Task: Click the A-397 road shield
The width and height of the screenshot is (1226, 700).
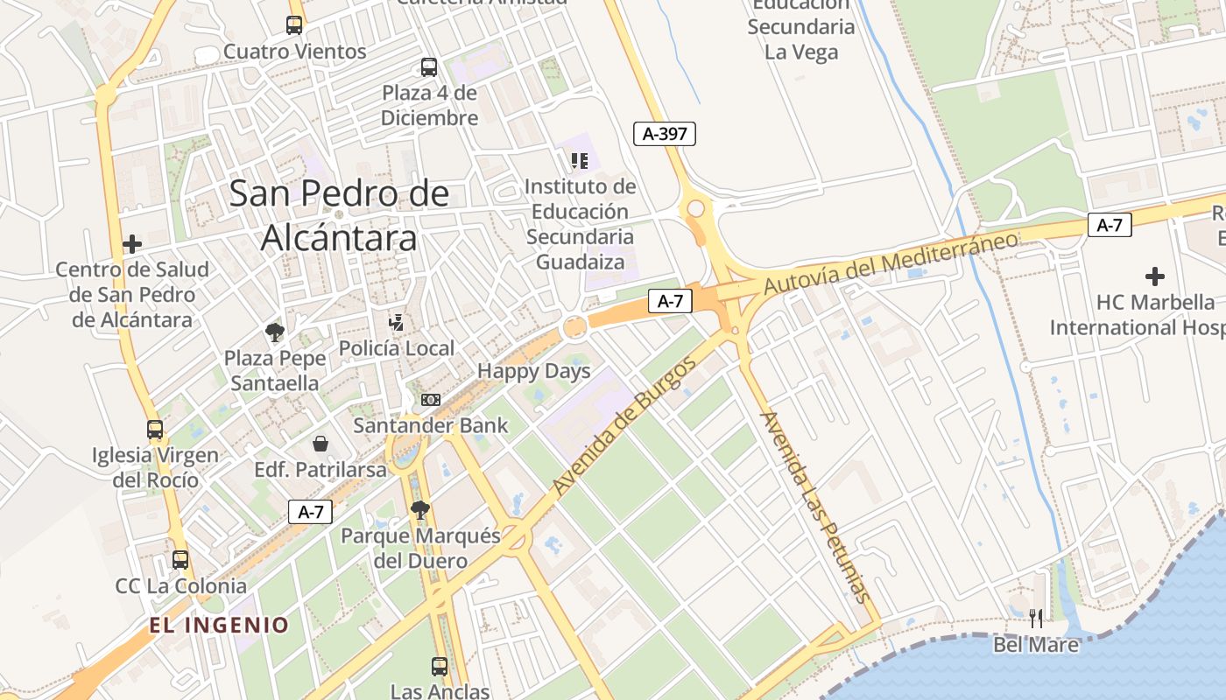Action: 665,134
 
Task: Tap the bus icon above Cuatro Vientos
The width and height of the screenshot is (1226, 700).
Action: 294,25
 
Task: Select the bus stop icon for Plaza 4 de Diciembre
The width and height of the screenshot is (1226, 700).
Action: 429,67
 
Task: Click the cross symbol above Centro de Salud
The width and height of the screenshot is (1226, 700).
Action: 132,244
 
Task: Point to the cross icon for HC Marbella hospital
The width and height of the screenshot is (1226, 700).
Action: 1155,277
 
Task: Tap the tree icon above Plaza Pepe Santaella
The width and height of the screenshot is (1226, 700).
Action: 275,332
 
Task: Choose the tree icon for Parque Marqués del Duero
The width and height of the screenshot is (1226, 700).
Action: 420,510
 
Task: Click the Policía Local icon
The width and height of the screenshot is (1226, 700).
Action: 397,322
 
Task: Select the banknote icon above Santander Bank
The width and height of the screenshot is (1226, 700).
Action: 430,400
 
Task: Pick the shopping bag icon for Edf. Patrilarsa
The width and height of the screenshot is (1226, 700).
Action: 321,444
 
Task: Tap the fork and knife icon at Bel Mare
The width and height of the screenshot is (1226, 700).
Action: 1036,619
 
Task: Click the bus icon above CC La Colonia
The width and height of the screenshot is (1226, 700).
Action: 180,560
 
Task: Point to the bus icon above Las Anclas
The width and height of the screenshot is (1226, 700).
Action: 440,667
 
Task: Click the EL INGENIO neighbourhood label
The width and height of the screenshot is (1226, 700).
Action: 219,625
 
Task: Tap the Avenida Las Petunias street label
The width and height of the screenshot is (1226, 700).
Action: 815,507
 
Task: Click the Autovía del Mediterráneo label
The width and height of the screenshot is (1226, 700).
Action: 891,263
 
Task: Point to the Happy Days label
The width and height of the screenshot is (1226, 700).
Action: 534,371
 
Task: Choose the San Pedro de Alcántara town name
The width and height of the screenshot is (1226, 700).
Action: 340,215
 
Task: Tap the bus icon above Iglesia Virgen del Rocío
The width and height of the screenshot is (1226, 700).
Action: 155,430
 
